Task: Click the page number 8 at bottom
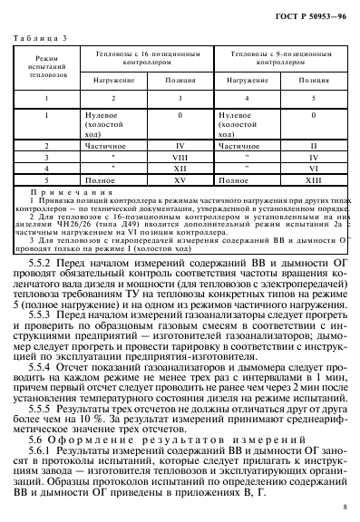pyautogui.click(x=346, y=509)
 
